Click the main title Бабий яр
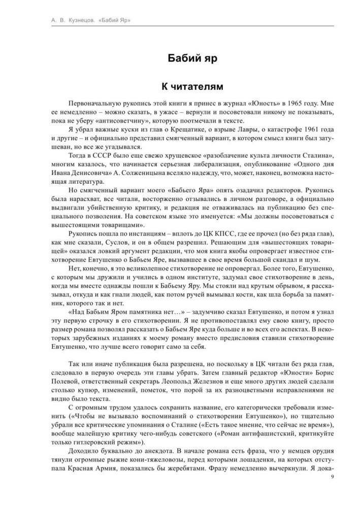[x=180, y=58]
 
